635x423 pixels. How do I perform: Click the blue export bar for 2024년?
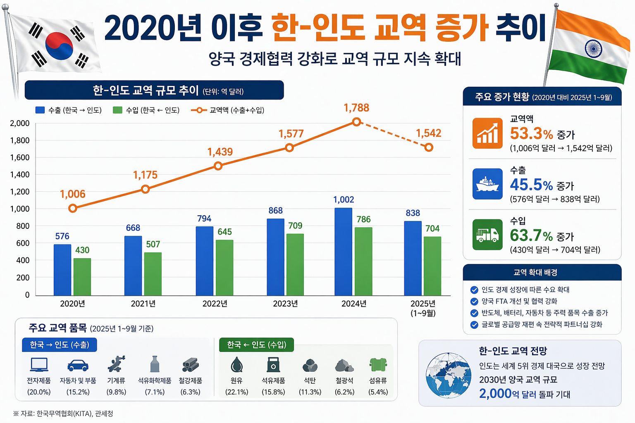(343, 252)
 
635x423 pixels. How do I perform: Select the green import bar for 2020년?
(82, 276)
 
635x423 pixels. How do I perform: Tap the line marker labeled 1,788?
(356, 122)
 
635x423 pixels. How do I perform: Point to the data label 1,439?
(220, 152)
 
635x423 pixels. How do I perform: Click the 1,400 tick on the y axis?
(20, 174)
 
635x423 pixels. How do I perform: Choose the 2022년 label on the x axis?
(215, 304)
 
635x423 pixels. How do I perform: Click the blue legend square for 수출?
(40, 110)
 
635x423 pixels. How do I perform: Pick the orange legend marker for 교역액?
(199, 110)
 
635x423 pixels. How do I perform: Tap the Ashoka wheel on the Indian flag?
(593, 49)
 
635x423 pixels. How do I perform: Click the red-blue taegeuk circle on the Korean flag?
(59, 46)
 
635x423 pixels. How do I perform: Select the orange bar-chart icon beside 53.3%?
(487, 133)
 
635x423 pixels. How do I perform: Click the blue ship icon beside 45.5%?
(487, 184)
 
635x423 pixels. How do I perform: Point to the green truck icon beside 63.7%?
(487, 235)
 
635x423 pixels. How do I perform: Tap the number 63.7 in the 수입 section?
(525, 235)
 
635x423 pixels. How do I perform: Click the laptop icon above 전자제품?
(39, 365)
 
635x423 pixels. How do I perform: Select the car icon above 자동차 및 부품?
(78, 365)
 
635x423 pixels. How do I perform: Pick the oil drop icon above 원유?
(236, 365)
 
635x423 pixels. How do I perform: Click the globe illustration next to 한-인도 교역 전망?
(448, 375)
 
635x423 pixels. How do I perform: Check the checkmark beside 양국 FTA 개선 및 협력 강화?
(474, 301)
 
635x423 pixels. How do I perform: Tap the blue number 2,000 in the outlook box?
(495, 394)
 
